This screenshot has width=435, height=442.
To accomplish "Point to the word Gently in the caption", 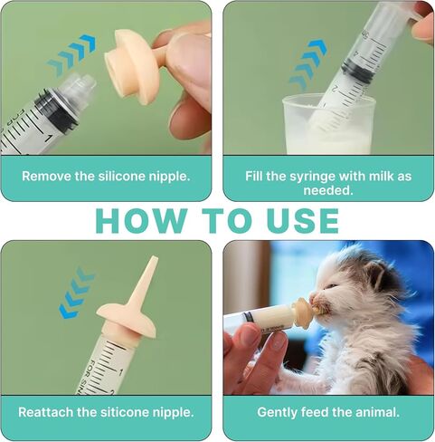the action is [x=277, y=412].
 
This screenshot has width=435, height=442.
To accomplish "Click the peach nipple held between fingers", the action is [x=133, y=65].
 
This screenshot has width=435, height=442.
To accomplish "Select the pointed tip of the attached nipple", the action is [x=154, y=257].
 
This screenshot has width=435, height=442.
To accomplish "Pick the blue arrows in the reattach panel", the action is [x=77, y=293].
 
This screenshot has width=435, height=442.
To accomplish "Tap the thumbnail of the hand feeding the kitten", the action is [x=278, y=342].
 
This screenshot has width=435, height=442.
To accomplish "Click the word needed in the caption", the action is [x=328, y=190].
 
